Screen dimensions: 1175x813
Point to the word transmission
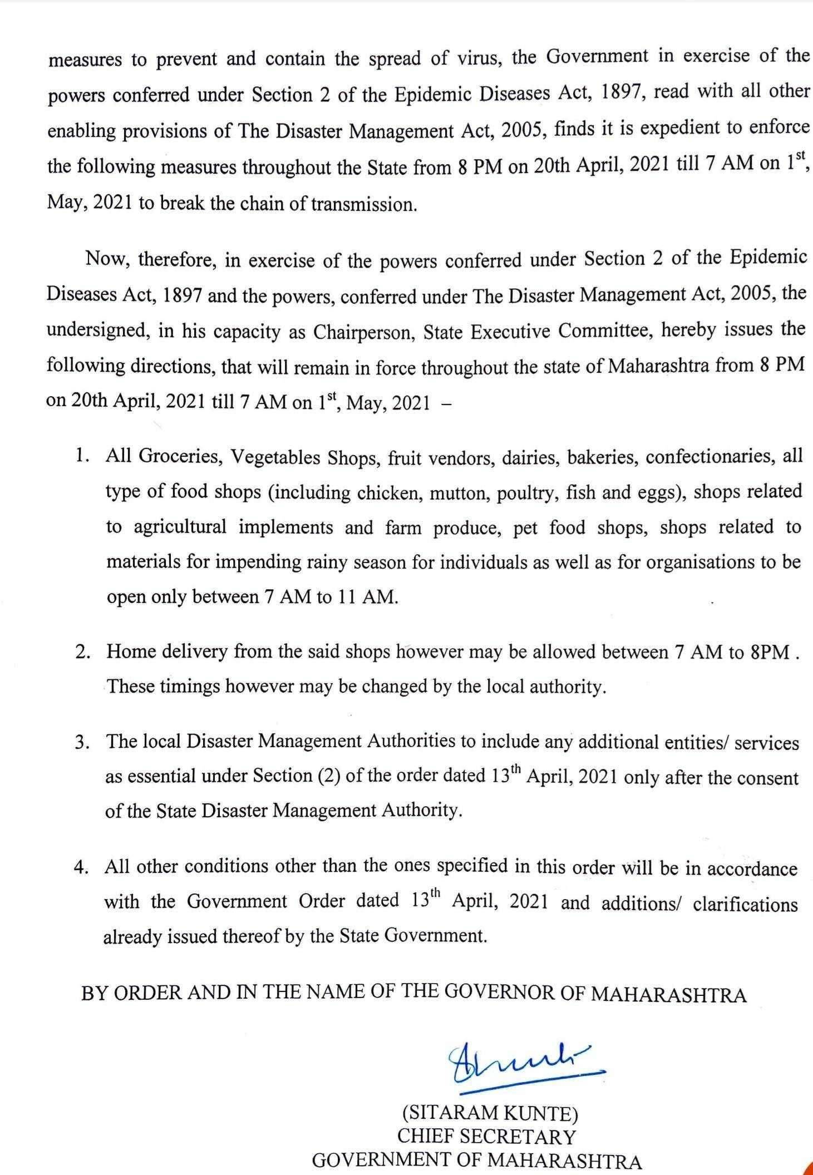(x=363, y=205)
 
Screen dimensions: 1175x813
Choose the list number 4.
(x=82, y=869)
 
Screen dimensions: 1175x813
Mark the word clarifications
(x=745, y=904)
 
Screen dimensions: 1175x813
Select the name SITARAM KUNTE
(x=490, y=1113)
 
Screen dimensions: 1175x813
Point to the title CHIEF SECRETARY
(x=486, y=1136)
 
